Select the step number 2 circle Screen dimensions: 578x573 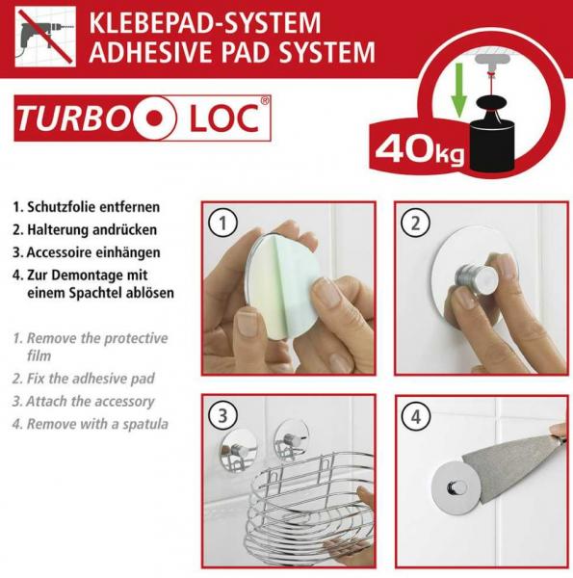tap(414, 224)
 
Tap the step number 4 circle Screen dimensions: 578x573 tap(414, 416)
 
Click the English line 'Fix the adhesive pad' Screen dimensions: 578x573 tap(90, 379)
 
